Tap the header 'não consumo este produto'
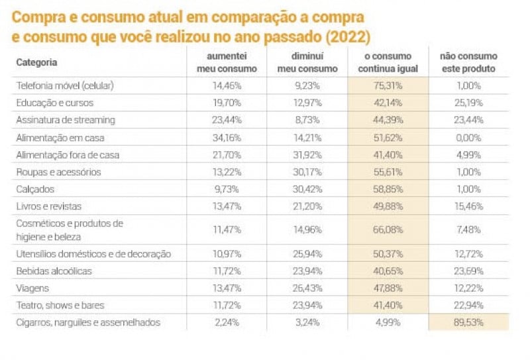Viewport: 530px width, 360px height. tap(468, 62)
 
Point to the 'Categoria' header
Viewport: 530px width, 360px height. tap(36, 62)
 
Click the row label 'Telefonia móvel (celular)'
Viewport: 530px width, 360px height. tap(65, 86)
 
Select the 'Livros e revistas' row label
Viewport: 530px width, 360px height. tap(48, 206)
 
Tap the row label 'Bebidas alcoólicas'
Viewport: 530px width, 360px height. tap(54, 271)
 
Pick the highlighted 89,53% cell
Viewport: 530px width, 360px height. tap(468, 323)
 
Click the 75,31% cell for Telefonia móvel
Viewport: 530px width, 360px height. tap(388, 86)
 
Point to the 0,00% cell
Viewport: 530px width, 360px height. tap(468, 137)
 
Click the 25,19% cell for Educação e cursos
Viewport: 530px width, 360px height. tap(468, 103)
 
